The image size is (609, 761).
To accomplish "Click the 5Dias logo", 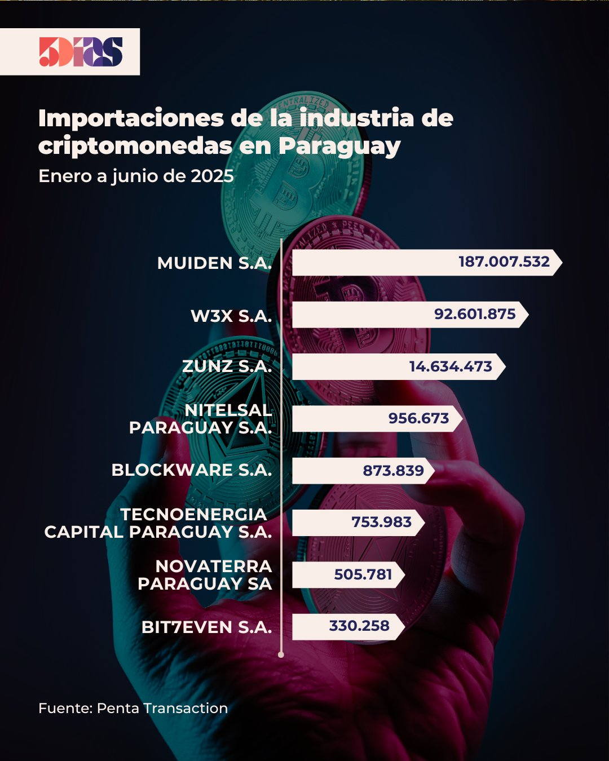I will (x=81, y=52).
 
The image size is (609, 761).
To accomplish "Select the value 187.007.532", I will (x=504, y=262).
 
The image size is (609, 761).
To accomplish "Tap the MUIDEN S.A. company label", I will (x=214, y=263).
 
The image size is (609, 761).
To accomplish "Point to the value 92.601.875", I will (x=475, y=314).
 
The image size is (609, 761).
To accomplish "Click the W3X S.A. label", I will (x=231, y=316).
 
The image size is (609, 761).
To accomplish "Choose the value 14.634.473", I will (x=451, y=366).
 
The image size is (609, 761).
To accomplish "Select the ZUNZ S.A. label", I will (x=227, y=366).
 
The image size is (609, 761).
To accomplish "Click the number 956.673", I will (x=418, y=418).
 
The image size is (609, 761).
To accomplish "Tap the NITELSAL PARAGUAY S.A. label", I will (x=201, y=419).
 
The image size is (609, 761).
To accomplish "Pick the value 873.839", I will (x=393, y=470).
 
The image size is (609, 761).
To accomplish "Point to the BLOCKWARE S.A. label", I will (x=192, y=470).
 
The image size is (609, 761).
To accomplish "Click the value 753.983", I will (x=382, y=522).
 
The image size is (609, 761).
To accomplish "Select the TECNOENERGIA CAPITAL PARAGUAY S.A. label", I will (x=158, y=523).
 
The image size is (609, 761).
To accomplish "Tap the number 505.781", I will (x=363, y=574).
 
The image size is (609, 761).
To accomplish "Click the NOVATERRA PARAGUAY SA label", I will (x=205, y=575).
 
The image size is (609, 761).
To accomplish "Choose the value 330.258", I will (x=359, y=626).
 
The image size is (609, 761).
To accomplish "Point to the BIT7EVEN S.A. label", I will (x=206, y=627).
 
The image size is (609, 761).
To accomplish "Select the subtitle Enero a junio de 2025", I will (x=136, y=176).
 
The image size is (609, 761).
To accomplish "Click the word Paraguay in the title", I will (x=339, y=146).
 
